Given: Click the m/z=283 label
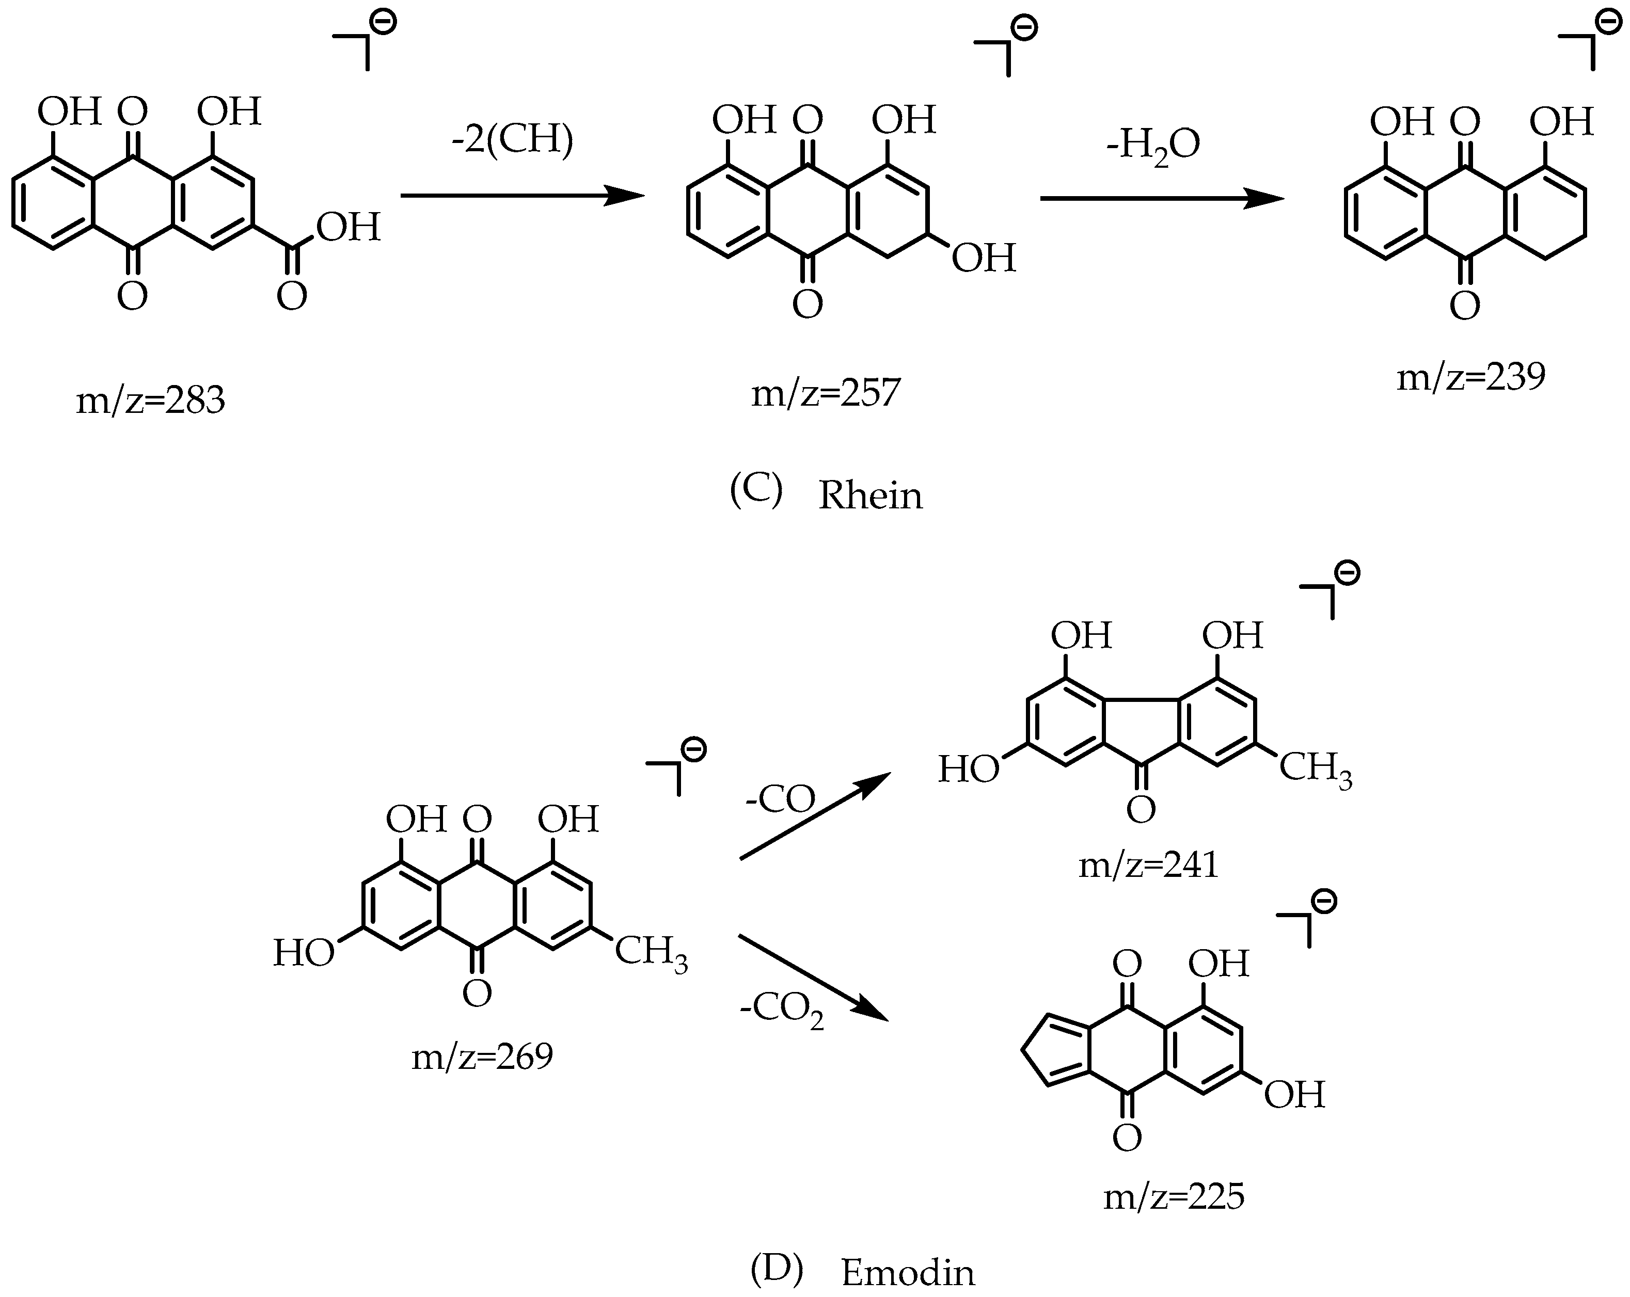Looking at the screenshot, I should [150, 401].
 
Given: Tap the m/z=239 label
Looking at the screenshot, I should [1470, 376].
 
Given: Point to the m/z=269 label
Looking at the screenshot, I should [482, 1056].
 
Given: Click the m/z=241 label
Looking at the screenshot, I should [1148, 864].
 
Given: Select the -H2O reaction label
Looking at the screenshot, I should [1152, 145].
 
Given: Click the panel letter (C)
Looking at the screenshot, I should [755, 491].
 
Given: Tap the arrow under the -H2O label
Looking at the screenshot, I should [1162, 199].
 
